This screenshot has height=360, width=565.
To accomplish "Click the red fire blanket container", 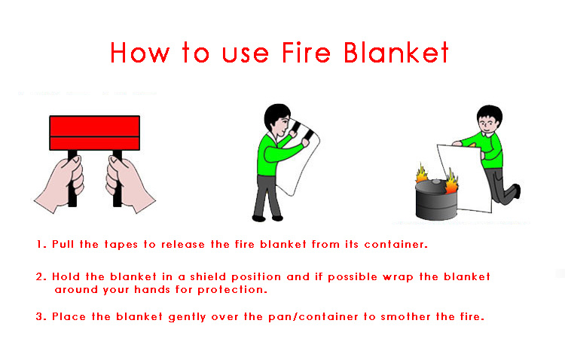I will pos(94,134).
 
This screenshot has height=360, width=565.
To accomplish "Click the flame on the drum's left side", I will pos(420,176).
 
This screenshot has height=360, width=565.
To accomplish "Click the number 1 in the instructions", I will pos(39,245).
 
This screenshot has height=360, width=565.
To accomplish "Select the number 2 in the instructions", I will pos(39,277).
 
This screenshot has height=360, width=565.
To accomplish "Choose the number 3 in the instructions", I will pos(39,316).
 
